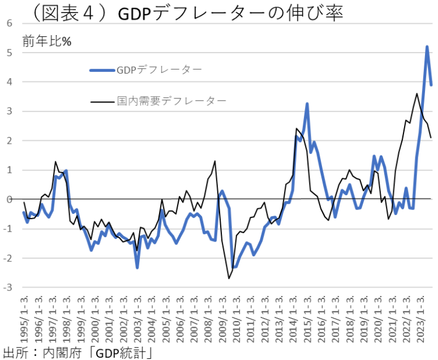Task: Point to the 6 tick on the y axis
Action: point(10,23)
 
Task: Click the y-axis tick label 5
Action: point(10,53)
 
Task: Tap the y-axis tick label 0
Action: point(10,199)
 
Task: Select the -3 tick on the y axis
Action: point(8,288)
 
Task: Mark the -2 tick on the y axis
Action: point(8,258)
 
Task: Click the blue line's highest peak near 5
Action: point(427,46)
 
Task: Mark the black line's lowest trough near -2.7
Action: point(229,278)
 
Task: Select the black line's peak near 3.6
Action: point(417,93)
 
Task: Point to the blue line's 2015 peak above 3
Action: point(307,104)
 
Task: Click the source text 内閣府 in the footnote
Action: point(65,352)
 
